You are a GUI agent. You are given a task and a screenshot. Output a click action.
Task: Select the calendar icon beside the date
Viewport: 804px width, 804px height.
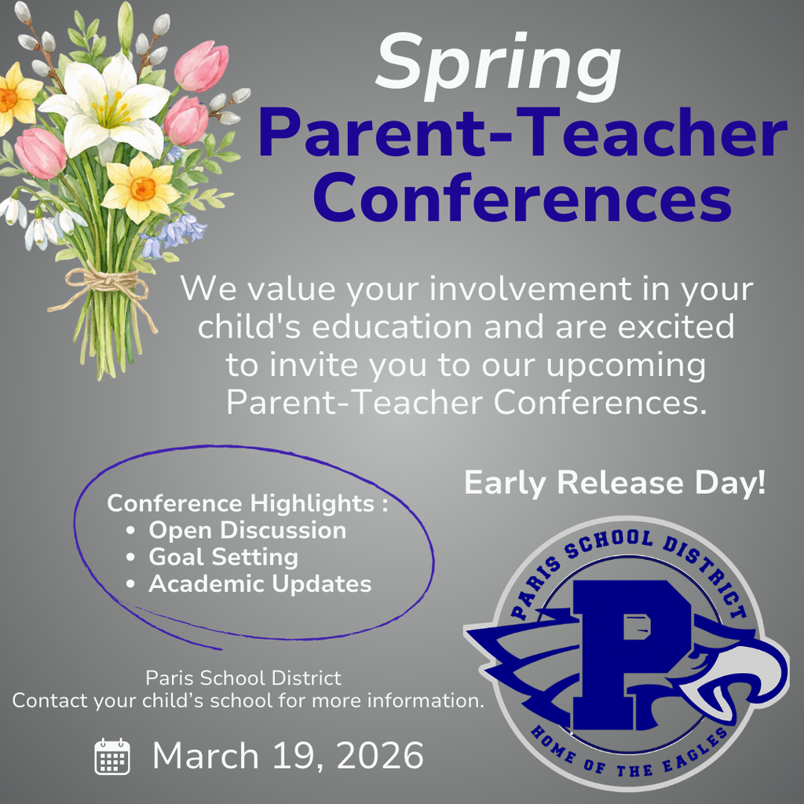click(x=111, y=756)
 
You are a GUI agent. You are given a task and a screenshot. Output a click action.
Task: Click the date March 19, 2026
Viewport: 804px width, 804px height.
click(x=287, y=755)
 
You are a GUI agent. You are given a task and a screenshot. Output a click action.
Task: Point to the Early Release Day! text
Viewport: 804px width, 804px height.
click(x=614, y=483)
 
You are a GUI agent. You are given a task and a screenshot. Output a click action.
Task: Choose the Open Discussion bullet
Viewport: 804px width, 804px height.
click(x=247, y=530)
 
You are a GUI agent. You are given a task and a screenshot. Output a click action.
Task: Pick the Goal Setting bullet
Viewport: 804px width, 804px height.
click(x=223, y=557)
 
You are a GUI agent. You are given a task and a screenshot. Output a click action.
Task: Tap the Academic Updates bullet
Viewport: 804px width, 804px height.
click(x=260, y=583)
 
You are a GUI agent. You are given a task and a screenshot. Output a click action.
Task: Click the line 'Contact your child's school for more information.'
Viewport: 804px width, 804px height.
click(x=247, y=700)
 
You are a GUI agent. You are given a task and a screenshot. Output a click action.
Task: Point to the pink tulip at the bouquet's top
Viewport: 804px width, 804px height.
click(x=202, y=66)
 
